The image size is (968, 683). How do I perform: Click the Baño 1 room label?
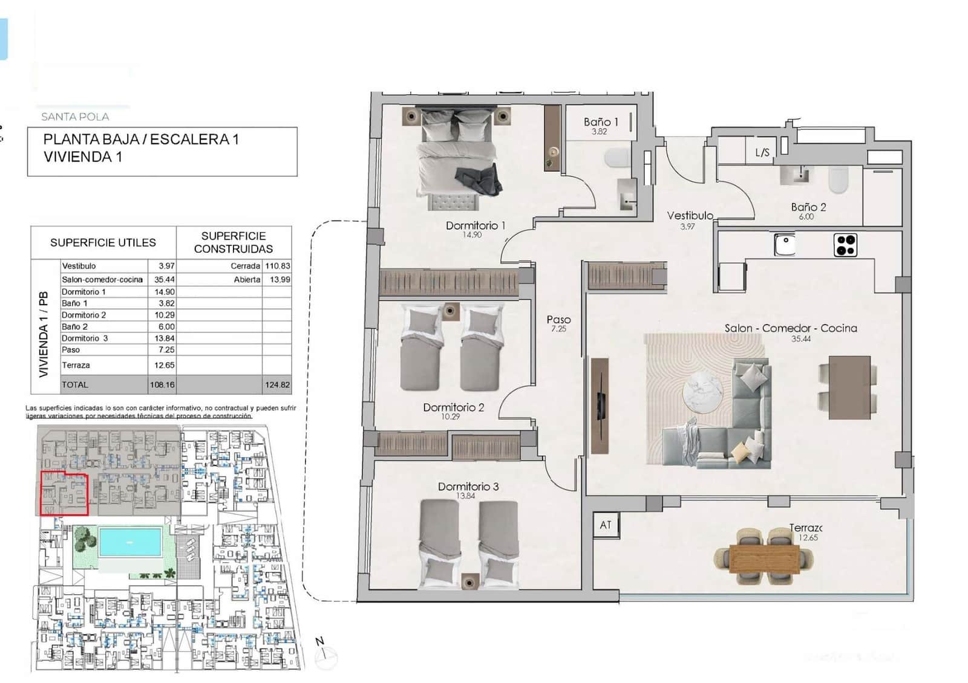(600, 122)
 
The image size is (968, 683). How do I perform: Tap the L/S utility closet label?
(762, 152)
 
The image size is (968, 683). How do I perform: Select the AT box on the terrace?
(606, 525)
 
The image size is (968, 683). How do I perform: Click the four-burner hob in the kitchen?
(845, 245)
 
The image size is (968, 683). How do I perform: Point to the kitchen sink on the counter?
(785, 245)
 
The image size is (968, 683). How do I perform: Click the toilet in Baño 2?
(838, 180)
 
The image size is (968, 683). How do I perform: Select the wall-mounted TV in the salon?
(601, 405)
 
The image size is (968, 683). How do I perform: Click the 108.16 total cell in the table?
(162, 384)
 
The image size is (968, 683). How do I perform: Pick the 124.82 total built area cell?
(277, 384)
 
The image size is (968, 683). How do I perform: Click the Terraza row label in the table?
(76, 365)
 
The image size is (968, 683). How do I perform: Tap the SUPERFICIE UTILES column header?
(103, 242)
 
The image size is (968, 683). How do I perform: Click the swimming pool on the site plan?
(130, 542)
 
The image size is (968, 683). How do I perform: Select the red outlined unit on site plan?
(64, 494)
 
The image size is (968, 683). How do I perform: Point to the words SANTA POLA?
(75, 117)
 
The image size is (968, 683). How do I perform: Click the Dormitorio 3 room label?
(468, 487)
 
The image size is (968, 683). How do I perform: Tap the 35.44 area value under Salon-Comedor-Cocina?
(800, 339)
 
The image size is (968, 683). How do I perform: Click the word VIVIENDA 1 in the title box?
(82, 157)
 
